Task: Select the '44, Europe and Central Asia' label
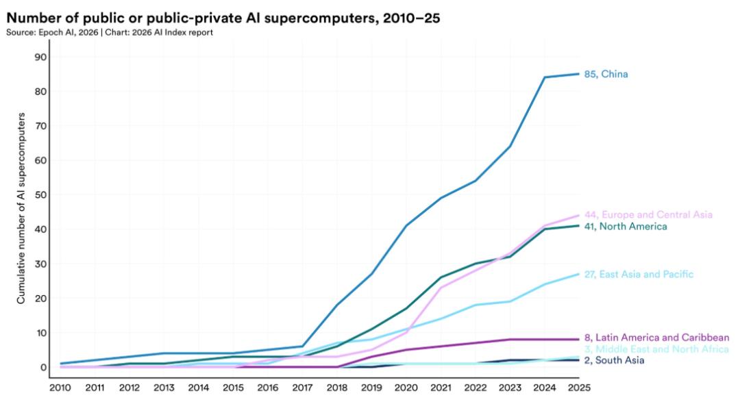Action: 648,215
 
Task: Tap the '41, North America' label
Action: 625,226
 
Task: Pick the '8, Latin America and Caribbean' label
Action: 656,338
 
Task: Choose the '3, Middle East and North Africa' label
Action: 656,349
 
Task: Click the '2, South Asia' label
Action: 615,360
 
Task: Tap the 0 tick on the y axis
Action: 42,368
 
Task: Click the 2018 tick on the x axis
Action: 337,388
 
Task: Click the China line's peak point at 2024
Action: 545,77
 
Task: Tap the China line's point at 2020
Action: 406,226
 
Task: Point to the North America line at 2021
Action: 441,277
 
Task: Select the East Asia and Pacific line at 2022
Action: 476,305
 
